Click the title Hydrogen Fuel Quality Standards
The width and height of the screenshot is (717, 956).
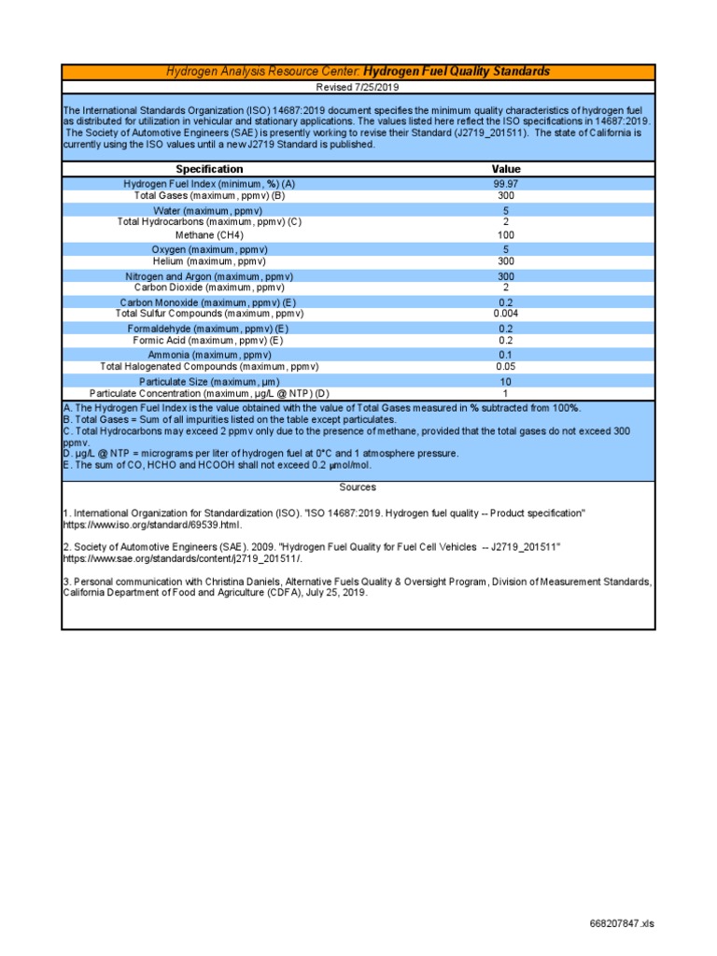[x=456, y=72]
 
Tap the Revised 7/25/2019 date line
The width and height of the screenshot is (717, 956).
[x=358, y=87]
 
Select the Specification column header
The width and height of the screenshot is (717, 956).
[x=209, y=169]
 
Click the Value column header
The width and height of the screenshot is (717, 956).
[x=506, y=169]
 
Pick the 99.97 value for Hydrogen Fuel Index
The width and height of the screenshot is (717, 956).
[x=506, y=184]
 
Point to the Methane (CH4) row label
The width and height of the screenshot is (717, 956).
[x=209, y=235]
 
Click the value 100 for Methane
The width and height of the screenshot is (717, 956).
[x=506, y=235]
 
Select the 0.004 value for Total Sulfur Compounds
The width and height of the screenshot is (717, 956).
[x=506, y=314]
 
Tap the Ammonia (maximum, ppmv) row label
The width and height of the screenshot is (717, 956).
[x=209, y=355]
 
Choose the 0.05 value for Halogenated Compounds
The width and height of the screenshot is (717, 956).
[x=506, y=367]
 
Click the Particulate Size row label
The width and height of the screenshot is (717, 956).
[x=209, y=382]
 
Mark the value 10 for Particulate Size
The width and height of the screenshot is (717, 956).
[x=506, y=382]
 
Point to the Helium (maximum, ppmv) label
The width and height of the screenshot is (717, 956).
[x=209, y=261]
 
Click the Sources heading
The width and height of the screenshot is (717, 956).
[x=358, y=487]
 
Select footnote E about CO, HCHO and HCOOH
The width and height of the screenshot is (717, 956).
[x=217, y=465]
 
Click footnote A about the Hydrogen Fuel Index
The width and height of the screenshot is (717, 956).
[x=321, y=408]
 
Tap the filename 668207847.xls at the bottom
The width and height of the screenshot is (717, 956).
[x=623, y=924]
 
